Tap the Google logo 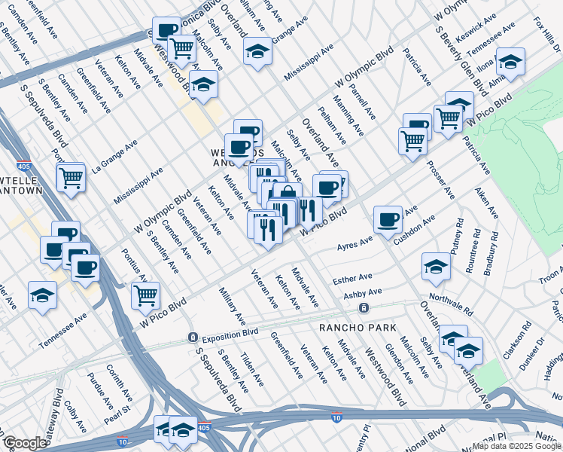(x=25, y=443)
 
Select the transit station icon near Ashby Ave (x=364, y=307)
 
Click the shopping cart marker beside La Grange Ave (x=71, y=179)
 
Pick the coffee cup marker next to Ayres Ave (x=388, y=219)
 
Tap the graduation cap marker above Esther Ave (x=436, y=265)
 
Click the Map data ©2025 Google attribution (x=512, y=445)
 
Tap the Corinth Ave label (x=121, y=382)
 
